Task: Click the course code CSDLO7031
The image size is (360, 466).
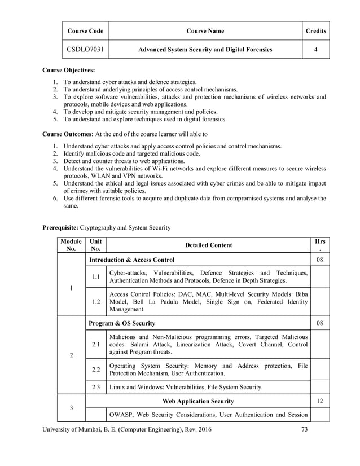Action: pyautogui.click(x=84, y=50)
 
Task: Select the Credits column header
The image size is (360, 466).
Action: pyautogui.click(x=315, y=31)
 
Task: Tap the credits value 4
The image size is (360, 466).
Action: pyautogui.click(x=315, y=50)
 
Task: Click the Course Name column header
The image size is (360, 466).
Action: pyautogui.click(x=205, y=31)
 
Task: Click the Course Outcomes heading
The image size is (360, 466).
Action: pyautogui.click(x=68, y=134)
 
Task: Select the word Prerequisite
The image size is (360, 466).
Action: pyautogui.click(x=60, y=228)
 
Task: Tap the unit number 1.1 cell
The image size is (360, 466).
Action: pyautogui.click(x=96, y=276)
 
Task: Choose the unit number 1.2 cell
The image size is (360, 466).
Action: pyautogui.click(x=96, y=302)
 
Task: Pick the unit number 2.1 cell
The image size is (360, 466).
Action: pyautogui.click(x=96, y=344)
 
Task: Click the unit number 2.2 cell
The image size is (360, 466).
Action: pyautogui.click(x=96, y=370)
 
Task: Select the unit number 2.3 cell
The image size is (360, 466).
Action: pyautogui.click(x=96, y=387)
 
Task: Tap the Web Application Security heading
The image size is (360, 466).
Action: pyautogui.click(x=198, y=401)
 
